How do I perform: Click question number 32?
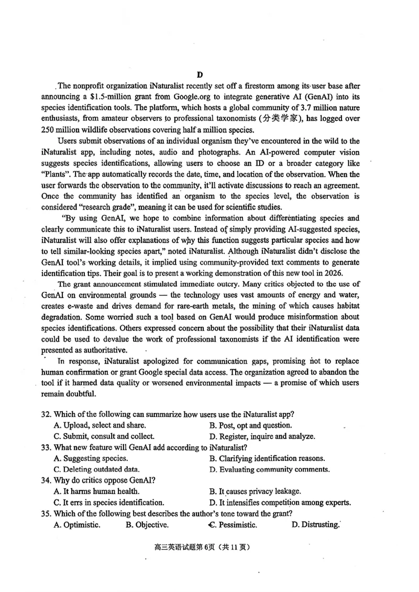point(47,414)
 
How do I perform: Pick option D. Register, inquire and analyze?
point(262,436)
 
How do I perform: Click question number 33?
point(47,447)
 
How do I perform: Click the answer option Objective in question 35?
point(147,524)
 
